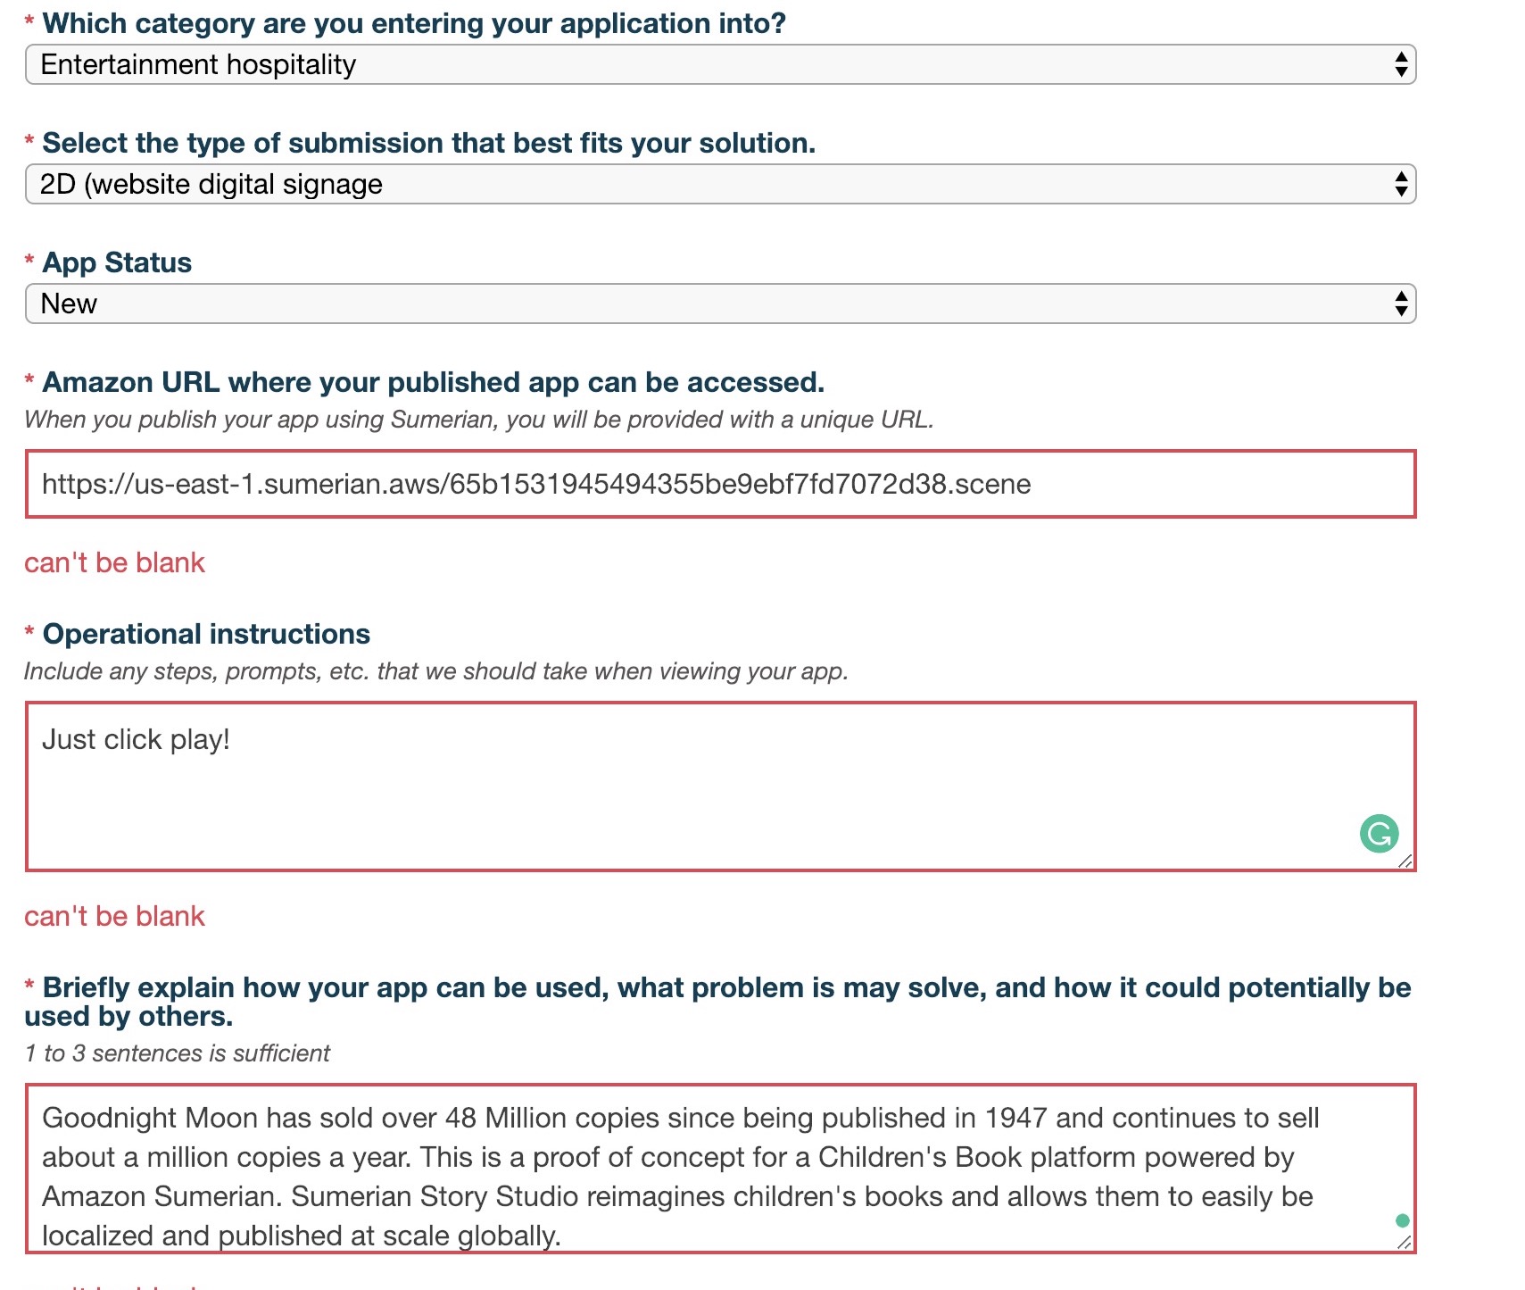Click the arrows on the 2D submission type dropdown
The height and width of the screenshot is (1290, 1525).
pyautogui.click(x=1401, y=185)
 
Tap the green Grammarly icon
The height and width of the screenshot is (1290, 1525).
pyautogui.click(x=1379, y=834)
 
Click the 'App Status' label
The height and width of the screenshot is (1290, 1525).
pyautogui.click(x=117, y=262)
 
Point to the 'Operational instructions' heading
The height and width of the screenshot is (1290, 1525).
pyautogui.click(x=206, y=634)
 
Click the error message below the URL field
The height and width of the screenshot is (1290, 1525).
pyautogui.click(x=115, y=562)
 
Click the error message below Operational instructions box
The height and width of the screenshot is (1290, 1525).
pyautogui.click(x=115, y=916)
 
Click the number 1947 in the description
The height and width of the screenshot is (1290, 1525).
pyautogui.click(x=1016, y=1119)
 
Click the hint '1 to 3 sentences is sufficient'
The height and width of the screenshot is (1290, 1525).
pyautogui.click(x=178, y=1053)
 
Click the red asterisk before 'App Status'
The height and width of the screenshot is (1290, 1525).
pyautogui.click(x=29, y=261)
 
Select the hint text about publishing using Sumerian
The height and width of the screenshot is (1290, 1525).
pyautogui.click(x=478, y=420)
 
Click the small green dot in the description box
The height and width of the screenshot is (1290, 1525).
pyautogui.click(x=1402, y=1220)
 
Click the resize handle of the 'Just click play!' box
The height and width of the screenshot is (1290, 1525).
pyautogui.click(x=1405, y=861)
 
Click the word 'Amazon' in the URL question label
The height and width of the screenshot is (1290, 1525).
pyautogui.click(x=98, y=382)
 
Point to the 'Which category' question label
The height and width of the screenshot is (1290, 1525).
pyautogui.click(x=414, y=23)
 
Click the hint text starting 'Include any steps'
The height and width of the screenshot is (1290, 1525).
pyautogui.click(x=435, y=671)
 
